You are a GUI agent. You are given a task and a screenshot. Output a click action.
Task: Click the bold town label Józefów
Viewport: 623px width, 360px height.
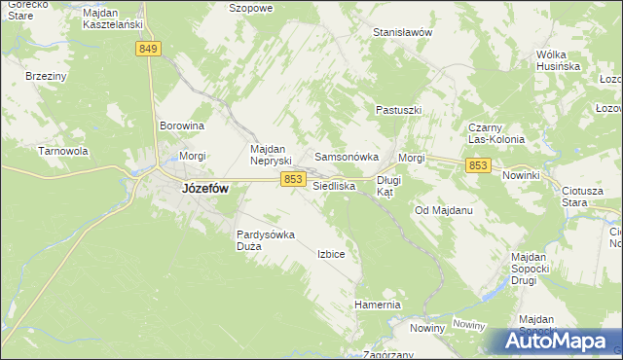[x=205, y=190]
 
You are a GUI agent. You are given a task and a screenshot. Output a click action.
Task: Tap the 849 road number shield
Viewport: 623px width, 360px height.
[x=148, y=49]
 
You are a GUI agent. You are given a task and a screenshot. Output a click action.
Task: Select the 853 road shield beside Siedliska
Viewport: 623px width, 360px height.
[x=293, y=179]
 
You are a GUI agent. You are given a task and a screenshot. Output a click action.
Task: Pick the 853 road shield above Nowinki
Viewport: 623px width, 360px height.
[x=477, y=166]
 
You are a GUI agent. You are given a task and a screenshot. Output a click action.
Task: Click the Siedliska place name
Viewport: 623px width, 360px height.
[x=334, y=185]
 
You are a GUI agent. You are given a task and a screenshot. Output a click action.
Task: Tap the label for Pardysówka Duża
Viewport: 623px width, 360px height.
[x=266, y=240]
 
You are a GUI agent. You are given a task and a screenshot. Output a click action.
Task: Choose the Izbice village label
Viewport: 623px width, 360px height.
[x=331, y=254]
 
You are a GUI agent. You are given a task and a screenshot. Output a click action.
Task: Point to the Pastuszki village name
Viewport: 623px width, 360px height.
[x=398, y=111]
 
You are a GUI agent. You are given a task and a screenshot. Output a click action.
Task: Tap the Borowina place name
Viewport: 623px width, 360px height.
[x=182, y=126]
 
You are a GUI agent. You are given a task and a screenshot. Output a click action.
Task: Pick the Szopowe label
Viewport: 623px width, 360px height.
[x=249, y=7]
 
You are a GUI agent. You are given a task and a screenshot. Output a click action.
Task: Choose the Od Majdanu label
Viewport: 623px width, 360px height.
[x=443, y=210]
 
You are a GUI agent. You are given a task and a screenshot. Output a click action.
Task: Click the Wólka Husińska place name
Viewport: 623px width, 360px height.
[x=558, y=60]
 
